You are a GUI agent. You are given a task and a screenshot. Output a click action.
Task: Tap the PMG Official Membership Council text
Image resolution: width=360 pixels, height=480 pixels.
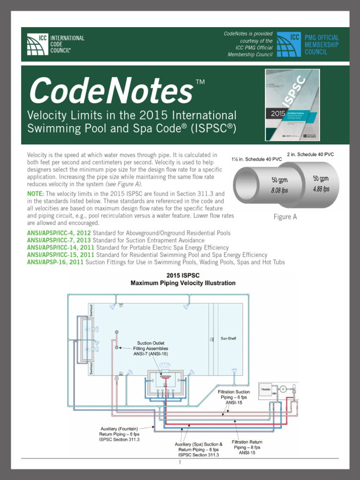[322, 45]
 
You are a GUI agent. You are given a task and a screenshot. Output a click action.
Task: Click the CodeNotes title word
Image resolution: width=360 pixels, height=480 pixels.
[111, 91]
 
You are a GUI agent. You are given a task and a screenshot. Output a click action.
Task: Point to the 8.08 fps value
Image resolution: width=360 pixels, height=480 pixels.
[279, 191]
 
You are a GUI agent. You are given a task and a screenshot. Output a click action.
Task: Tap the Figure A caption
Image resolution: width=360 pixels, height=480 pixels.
[285, 217]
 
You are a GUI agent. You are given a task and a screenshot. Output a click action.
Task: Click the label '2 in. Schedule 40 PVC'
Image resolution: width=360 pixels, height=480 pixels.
[310, 154]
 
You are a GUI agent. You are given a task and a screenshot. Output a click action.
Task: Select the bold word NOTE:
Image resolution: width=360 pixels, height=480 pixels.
[36, 194]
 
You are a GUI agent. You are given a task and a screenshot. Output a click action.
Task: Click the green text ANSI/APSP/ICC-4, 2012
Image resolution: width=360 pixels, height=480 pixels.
[59, 233]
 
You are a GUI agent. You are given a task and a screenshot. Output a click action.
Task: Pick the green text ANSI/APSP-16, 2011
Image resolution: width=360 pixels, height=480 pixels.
[55, 262]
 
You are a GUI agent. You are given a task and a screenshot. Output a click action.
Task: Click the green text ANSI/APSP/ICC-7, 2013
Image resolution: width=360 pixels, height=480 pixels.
[59, 240]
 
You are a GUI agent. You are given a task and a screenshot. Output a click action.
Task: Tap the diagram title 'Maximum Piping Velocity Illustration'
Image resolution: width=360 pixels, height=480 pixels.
[183, 283]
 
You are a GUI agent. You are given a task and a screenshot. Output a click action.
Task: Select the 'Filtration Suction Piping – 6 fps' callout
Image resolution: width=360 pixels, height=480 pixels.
[233, 397]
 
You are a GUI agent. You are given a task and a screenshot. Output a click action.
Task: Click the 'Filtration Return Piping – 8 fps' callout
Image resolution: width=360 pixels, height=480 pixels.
[247, 447]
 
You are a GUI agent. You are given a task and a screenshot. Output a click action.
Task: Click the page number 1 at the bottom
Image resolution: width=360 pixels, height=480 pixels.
[180, 462]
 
